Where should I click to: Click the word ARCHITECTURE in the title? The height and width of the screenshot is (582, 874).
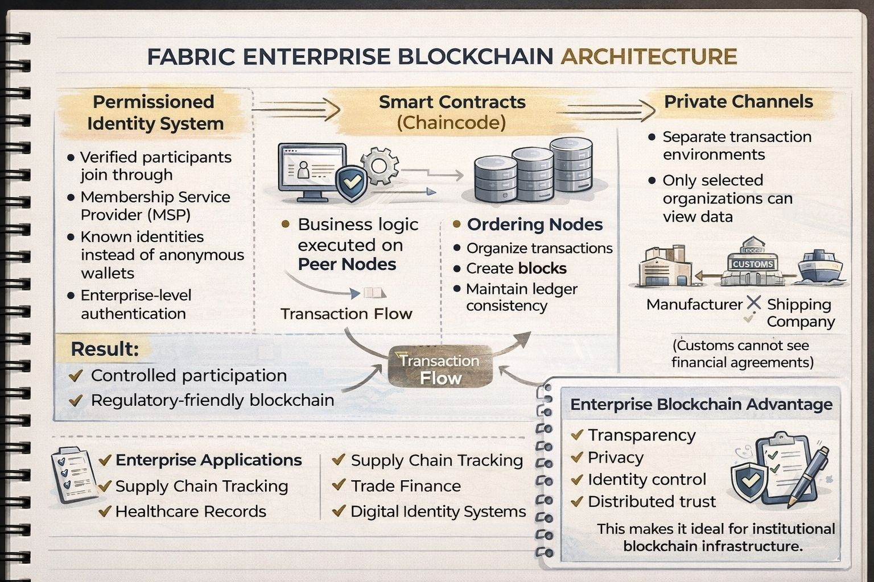tap(649, 57)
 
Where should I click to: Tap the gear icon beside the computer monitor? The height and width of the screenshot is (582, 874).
tap(380, 165)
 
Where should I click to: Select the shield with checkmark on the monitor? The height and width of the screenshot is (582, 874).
tap(352, 183)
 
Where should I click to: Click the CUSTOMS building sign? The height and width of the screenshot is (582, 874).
tap(753, 264)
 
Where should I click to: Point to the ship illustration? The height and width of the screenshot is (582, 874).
tap(820, 266)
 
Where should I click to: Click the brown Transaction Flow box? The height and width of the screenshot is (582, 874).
tap(440, 368)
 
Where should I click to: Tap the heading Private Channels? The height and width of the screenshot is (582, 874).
tap(739, 102)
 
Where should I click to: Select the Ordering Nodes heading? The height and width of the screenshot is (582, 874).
tap(534, 225)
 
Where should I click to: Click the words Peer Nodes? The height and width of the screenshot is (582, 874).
tap(347, 264)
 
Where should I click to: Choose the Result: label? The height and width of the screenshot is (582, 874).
tap(105, 349)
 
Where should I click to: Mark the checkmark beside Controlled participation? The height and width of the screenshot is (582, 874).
tap(76, 376)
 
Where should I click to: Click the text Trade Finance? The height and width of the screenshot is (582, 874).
tap(406, 486)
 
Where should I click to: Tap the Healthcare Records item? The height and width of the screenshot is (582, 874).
tap(191, 512)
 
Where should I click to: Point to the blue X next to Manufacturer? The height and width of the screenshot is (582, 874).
tap(754, 302)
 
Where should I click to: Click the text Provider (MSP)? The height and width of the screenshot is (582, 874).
tap(135, 215)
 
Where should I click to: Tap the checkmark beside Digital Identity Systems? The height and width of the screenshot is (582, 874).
tap(339, 511)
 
